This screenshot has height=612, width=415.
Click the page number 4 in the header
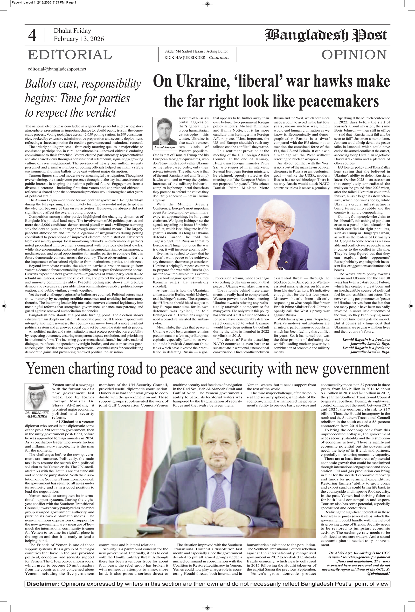tap(32, 35)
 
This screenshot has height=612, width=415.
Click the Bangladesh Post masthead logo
tap(326, 35)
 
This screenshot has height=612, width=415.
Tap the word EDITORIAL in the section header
tap(70, 55)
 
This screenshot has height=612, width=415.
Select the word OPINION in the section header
tap(354, 55)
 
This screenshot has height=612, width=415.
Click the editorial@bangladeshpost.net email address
tap(57, 69)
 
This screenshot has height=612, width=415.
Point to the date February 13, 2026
tap(79, 39)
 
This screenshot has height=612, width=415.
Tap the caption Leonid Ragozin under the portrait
tap(165, 147)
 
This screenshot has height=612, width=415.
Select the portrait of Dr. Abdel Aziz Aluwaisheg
tap(37, 396)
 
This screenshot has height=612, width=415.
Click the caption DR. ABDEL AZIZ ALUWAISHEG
tap(37, 415)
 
